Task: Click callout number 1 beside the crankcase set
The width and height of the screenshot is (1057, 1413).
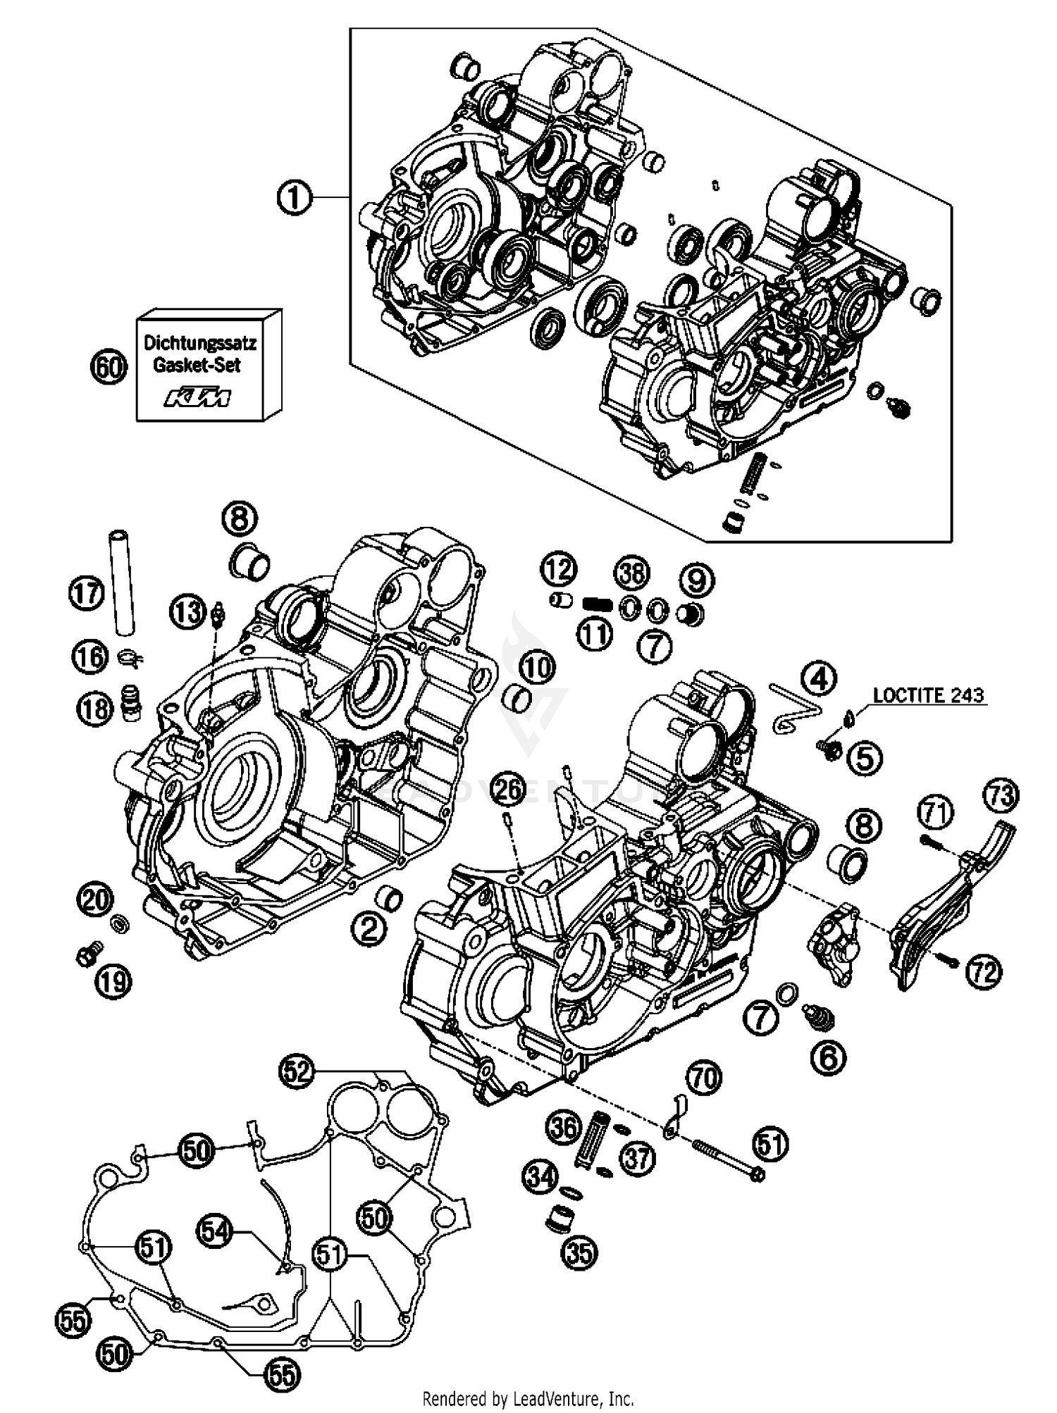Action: [294, 197]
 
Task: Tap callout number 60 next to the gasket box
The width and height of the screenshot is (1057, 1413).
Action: [109, 367]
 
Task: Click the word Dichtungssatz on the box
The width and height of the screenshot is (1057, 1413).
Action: [200, 344]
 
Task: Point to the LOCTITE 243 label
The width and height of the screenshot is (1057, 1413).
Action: [928, 695]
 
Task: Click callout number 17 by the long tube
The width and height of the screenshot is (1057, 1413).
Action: [86, 593]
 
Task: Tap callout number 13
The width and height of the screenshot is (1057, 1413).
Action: [187, 612]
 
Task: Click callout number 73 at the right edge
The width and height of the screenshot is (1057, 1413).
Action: [1001, 796]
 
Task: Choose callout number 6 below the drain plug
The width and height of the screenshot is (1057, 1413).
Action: [828, 1057]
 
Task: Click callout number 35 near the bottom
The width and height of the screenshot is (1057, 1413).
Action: [579, 1252]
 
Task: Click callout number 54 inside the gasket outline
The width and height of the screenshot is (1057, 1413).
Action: [214, 1231]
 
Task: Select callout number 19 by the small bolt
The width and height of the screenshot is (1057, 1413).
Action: [114, 981]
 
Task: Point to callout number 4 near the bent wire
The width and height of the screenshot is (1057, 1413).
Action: [817, 679]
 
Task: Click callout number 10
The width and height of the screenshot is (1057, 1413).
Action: [537, 667]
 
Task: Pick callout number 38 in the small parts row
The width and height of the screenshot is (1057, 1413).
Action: [631, 573]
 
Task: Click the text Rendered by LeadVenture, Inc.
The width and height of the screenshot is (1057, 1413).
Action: [528, 1398]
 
